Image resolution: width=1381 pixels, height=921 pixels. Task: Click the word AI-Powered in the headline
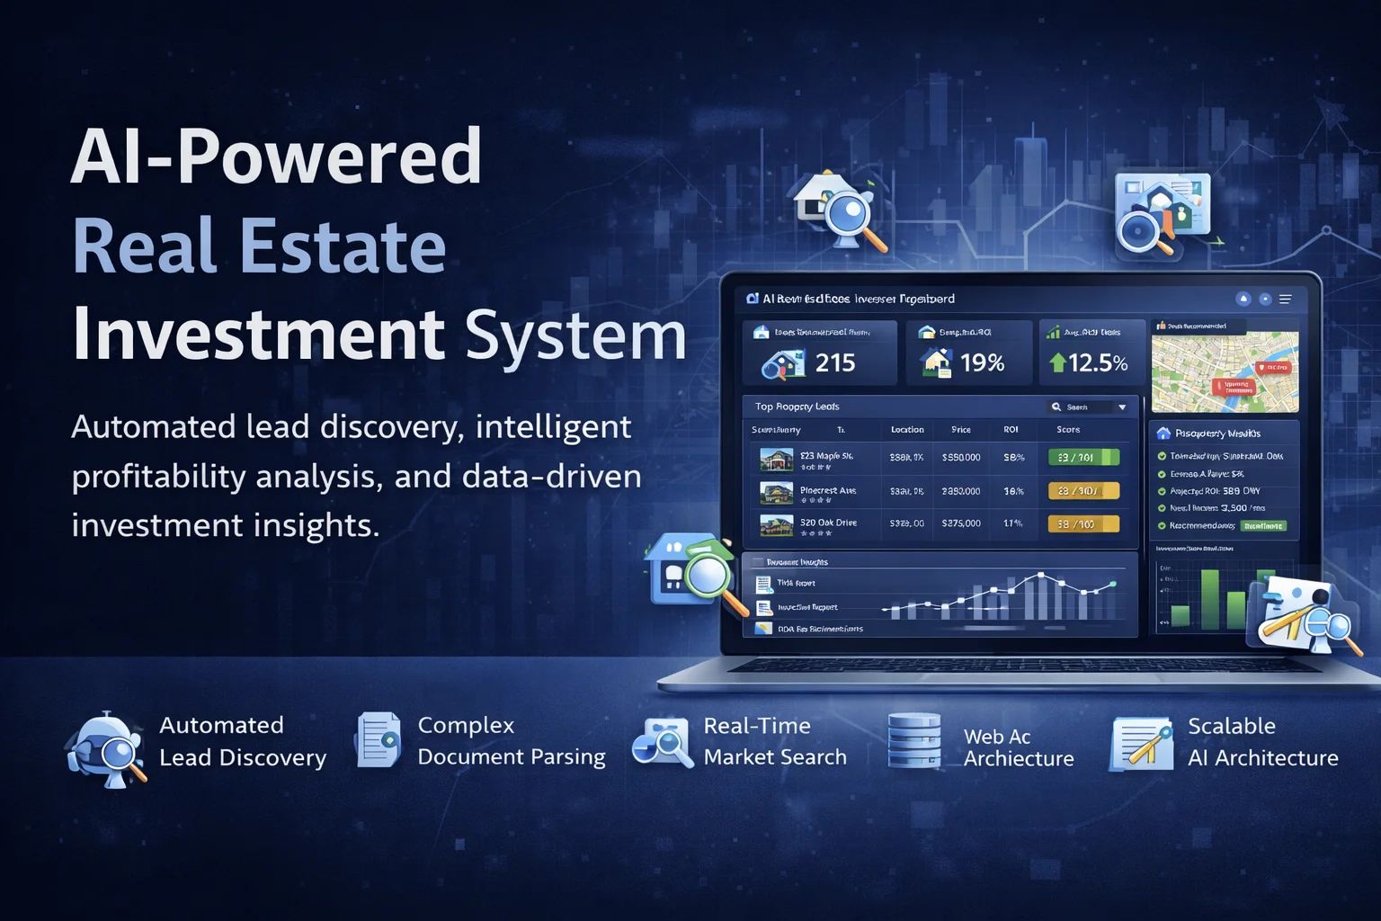click(276, 157)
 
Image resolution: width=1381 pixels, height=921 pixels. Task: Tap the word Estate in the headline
click(342, 247)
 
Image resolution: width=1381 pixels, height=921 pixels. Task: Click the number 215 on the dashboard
click(834, 362)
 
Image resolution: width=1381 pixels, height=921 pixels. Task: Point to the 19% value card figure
click(982, 362)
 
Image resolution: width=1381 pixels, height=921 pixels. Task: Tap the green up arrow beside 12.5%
click(1057, 362)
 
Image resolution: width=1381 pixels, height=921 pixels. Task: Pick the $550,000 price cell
click(961, 458)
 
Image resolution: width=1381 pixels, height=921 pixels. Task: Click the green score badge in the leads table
click(1083, 458)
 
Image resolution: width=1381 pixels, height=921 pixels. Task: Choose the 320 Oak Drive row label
click(828, 523)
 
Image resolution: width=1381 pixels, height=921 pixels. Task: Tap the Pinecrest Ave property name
click(828, 491)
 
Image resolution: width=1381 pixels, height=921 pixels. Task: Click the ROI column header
click(1011, 430)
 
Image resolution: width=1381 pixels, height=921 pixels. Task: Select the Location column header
click(907, 430)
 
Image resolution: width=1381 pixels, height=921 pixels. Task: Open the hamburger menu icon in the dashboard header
click(1286, 300)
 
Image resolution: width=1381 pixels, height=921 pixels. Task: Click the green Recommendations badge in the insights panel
click(1263, 526)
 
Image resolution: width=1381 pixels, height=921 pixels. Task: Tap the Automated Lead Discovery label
click(242, 741)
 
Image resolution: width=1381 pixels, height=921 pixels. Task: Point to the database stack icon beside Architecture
click(913, 741)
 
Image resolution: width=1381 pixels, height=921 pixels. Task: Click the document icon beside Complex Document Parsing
click(379, 740)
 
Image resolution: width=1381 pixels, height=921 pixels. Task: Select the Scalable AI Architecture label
click(1262, 741)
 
